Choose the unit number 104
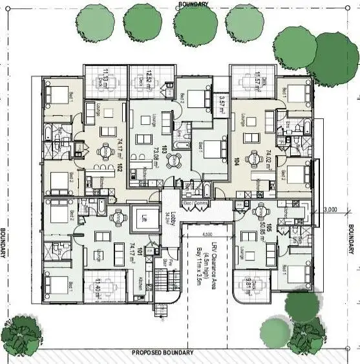237,160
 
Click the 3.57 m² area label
221,103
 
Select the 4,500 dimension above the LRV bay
207,234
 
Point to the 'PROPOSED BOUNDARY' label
162,353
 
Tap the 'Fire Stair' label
165,264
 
